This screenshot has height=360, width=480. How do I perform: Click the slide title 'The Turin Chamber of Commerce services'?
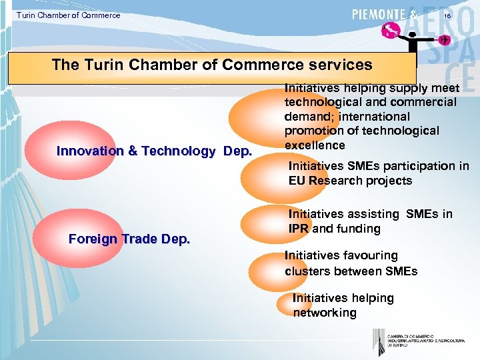pos(212,65)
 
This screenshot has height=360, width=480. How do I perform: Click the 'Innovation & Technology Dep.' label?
pos(154,151)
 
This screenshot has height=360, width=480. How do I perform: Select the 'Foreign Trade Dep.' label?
pos(129,239)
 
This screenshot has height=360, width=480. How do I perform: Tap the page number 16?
pos(447,15)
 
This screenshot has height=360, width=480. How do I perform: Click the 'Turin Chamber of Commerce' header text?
pos(69,15)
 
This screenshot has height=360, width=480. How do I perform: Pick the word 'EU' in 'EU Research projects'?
pos(297,181)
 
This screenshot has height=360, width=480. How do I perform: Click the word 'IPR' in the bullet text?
pos(299,229)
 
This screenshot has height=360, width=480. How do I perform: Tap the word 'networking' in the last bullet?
pos(325,313)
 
